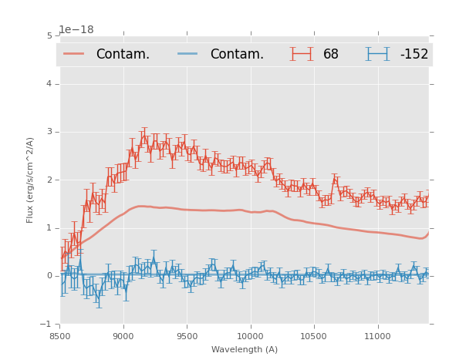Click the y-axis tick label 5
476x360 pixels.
pyautogui.click(x=49, y=35)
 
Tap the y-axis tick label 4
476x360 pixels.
pyautogui.click(x=49, y=83)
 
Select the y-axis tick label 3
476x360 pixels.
pyautogui.click(x=49, y=132)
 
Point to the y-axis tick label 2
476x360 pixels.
pyautogui.click(x=49, y=180)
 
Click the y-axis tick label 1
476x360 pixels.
pyautogui.click(x=49, y=227)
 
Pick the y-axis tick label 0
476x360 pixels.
pyautogui.click(x=49, y=276)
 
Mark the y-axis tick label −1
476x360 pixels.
pyautogui.click(x=47, y=324)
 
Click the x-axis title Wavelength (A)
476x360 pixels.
pyautogui.click(x=245, y=350)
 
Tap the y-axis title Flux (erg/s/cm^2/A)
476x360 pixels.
pyautogui.click(x=31, y=180)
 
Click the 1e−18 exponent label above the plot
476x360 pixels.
pyautogui.click(x=76, y=30)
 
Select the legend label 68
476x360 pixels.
pyautogui.click(x=331, y=55)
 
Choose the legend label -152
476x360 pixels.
pyautogui.click(x=414, y=55)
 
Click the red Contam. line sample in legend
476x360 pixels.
pyautogui.click(x=74, y=54)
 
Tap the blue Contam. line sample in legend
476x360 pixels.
pyautogui.click(x=188, y=54)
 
